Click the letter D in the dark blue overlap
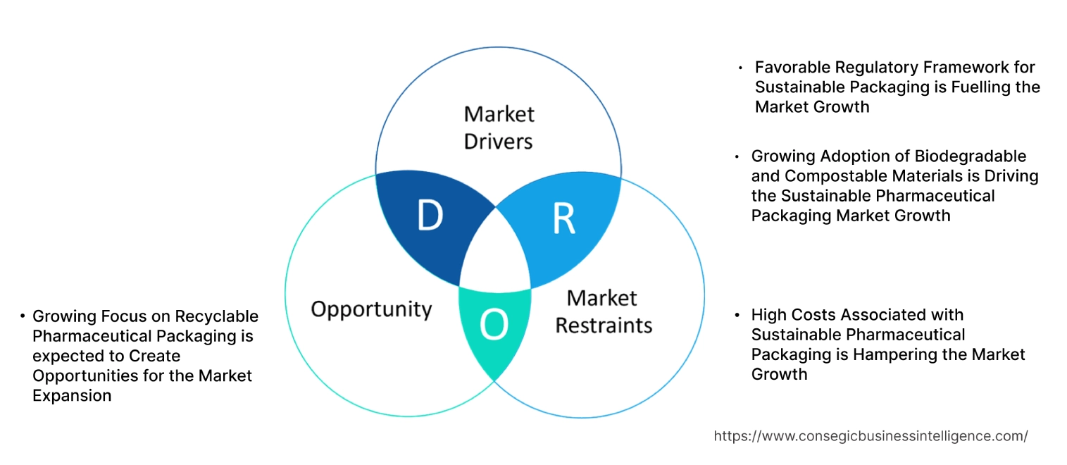pos(430,216)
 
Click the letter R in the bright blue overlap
pos(563,219)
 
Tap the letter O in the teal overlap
pos(493,325)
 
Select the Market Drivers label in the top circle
pos(499,128)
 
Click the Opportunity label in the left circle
pos(371,309)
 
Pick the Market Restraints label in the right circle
pos(604,311)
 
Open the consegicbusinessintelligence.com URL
pos(871,436)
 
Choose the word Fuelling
pos(971,87)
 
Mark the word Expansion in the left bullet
pos(72,396)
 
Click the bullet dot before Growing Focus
pos(23,317)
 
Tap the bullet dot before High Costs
pos(737,315)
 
